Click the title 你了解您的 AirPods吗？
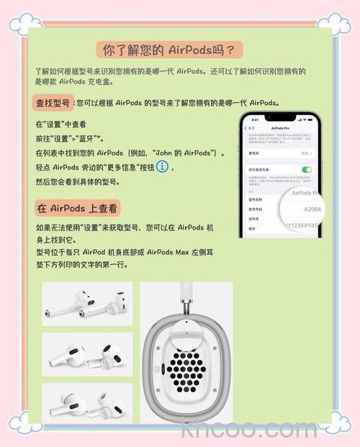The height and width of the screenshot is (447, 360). click(170, 50)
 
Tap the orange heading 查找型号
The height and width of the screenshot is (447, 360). click(53, 103)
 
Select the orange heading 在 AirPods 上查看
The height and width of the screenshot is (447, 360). click(77, 208)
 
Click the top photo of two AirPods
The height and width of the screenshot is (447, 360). click(87, 304)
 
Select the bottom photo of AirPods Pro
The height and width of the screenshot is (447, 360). click(87, 403)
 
